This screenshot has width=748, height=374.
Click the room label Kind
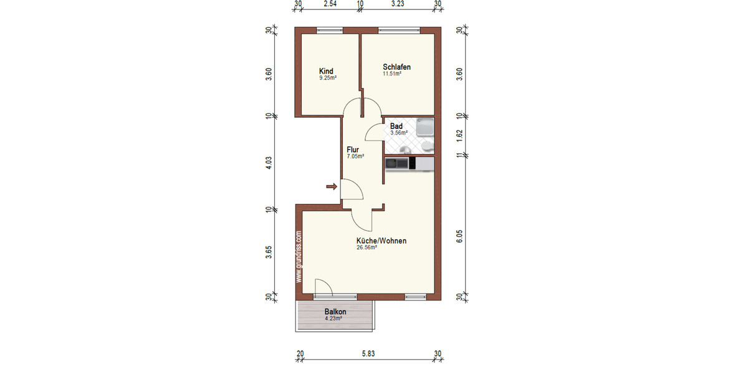(326, 70)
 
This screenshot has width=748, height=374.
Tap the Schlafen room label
(396, 67)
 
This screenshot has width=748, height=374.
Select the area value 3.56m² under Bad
(398, 133)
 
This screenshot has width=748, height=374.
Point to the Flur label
(353, 150)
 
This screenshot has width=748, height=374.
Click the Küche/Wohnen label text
(381, 241)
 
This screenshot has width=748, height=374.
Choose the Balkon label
(335, 312)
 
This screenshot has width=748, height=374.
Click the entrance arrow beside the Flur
(332, 186)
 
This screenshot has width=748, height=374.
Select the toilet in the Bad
(427, 146)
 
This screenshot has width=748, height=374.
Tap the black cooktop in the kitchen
(396, 164)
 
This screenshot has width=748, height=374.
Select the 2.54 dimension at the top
(330, 4)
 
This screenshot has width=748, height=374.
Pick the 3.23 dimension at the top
(398, 4)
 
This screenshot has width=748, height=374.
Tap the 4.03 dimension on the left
(269, 163)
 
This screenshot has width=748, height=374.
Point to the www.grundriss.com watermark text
(299, 257)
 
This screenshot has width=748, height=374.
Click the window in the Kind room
(329, 30)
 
